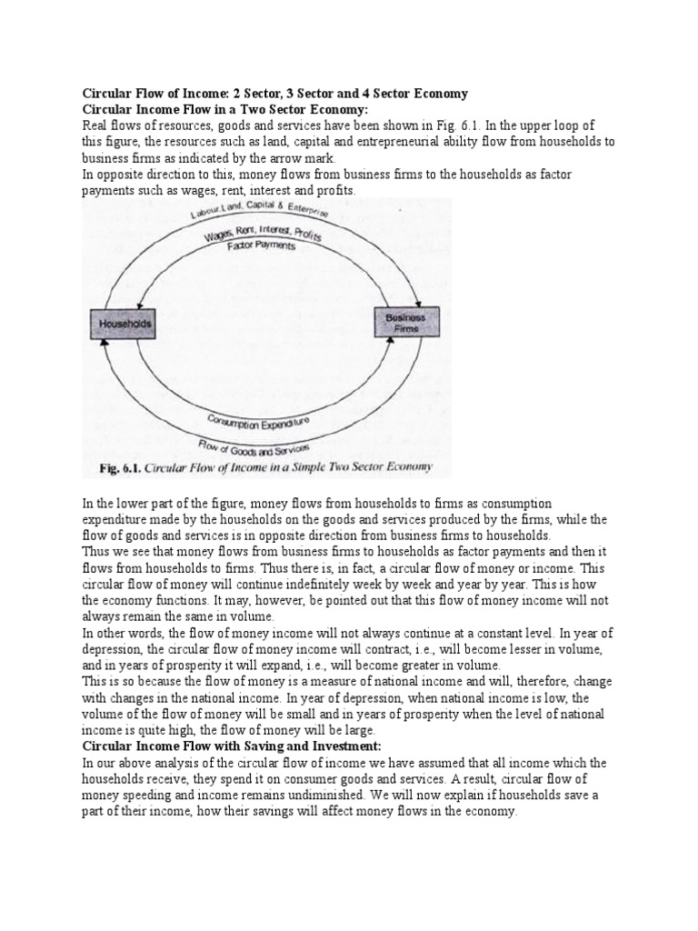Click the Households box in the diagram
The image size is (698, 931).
[x=121, y=324]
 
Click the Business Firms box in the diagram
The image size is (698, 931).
[x=406, y=323]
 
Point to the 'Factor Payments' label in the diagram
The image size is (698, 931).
[x=261, y=246]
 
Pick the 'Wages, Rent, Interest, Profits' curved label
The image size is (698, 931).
[x=262, y=232]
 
